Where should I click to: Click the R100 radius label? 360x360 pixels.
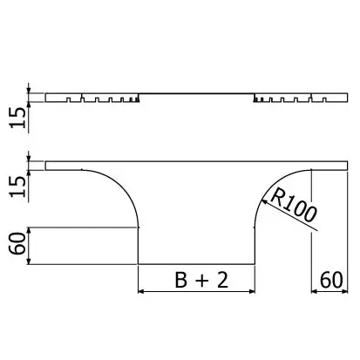[x=293, y=205]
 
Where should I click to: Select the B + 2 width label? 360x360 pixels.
[x=201, y=280]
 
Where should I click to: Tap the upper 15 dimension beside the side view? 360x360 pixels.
[x=18, y=118]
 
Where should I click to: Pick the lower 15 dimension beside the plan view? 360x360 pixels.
[x=18, y=187]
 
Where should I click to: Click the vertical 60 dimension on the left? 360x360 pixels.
[x=18, y=243]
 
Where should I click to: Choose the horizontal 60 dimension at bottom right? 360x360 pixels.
[x=331, y=280]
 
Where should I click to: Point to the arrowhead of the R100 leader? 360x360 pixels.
[x=264, y=200]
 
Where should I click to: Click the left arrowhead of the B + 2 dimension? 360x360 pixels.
[x=140, y=291]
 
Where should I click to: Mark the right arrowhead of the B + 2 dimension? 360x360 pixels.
[x=252, y=291]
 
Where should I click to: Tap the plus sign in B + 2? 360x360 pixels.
[x=201, y=281]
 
